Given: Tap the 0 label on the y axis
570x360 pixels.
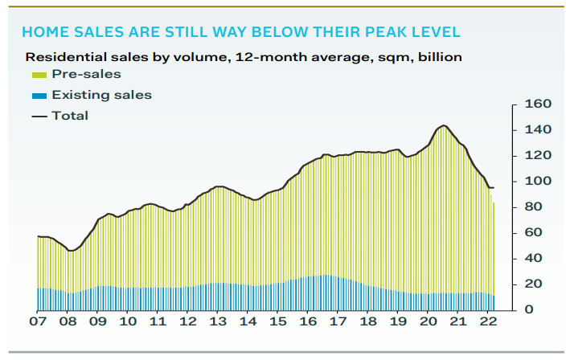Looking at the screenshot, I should (x=528, y=309).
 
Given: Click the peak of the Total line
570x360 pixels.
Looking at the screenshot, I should (x=444, y=125).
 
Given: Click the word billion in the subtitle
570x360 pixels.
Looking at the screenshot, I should (x=438, y=57).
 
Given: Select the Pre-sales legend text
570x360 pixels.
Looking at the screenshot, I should (x=86, y=75).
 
